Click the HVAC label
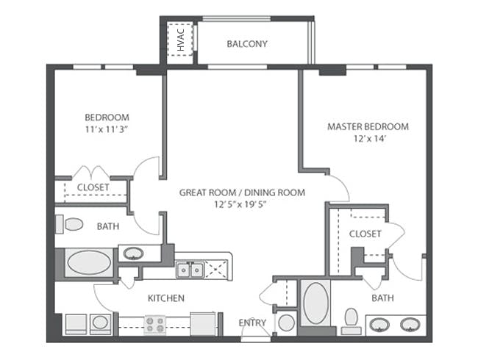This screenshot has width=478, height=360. [x=181, y=40]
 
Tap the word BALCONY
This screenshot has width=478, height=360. [x=247, y=44]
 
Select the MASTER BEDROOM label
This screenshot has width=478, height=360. [x=368, y=126]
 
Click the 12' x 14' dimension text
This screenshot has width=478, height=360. [x=370, y=139]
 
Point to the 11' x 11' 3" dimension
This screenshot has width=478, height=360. [x=106, y=129]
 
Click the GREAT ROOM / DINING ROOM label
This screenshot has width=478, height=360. [x=242, y=192]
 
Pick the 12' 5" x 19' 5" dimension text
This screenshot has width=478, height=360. [x=240, y=204]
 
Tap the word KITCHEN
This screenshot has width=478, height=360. [x=166, y=298]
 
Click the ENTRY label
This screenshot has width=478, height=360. [x=252, y=323]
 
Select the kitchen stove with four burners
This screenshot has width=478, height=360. [x=155, y=325]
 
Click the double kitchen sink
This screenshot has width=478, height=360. [x=190, y=270]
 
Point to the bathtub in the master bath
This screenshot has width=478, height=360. [x=316, y=303]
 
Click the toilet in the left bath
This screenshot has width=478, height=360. [x=69, y=225]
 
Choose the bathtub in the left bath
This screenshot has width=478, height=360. [x=89, y=262]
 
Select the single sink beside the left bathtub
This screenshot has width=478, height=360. [x=133, y=253]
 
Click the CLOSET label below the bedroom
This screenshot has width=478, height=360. [x=93, y=187]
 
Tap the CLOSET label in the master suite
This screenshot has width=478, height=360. [x=365, y=234]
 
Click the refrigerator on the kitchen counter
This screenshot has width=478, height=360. [x=203, y=324]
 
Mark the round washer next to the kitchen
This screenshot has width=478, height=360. [x=100, y=323]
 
